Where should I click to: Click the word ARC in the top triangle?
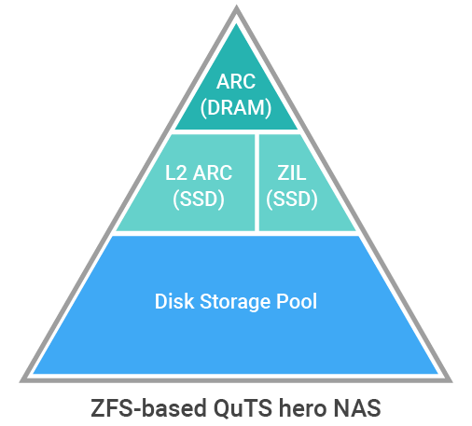pyautogui.click(x=236, y=82)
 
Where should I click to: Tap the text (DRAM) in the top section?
pyautogui.click(x=236, y=108)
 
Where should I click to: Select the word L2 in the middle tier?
pyautogui.click(x=176, y=172)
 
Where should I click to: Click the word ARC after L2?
pyautogui.click(x=213, y=172)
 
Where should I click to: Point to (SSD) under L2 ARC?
pyautogui.click(x=199, y=199)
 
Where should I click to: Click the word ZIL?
pyautogui.click(x=292, y=172)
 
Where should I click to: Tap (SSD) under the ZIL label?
pyautogui.click(x=292, y=199)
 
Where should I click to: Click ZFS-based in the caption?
pyautogui.click(x=148, y=408)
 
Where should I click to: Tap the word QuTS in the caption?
pyautogui.click(x=243, y=408)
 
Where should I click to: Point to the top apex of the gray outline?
pyautogui.click(x=236, y=7)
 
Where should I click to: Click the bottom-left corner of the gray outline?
pyautogui.click(x=21, y=381)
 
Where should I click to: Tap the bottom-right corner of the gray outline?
pyautogui.click(x=451, y=381)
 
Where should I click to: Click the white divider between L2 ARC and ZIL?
pyautogui.click(x=257, y=183)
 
